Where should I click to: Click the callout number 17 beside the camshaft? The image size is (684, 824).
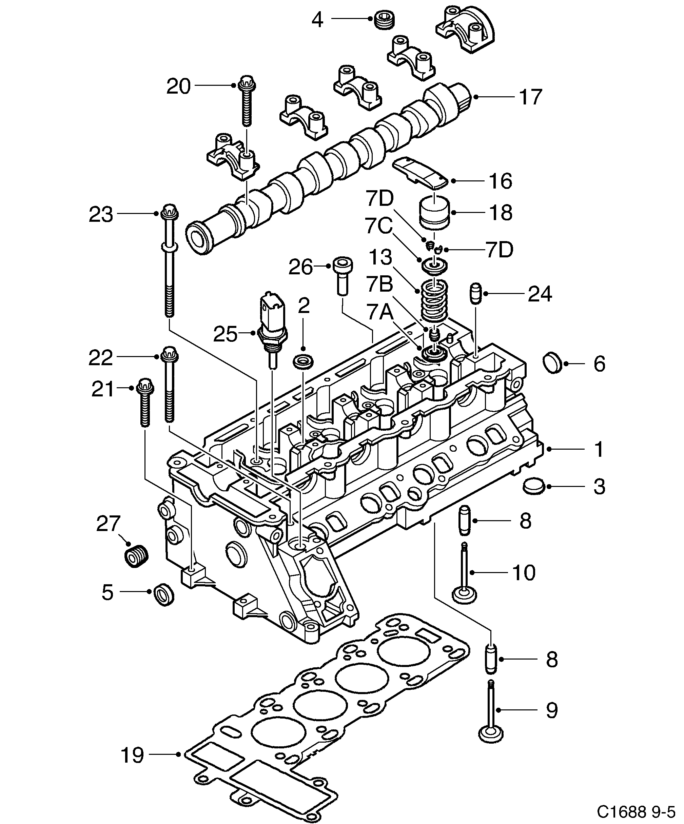pos(531,97)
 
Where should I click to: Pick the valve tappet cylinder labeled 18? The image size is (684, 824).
pos(434,212)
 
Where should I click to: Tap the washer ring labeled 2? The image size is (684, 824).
pos(304,361)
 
